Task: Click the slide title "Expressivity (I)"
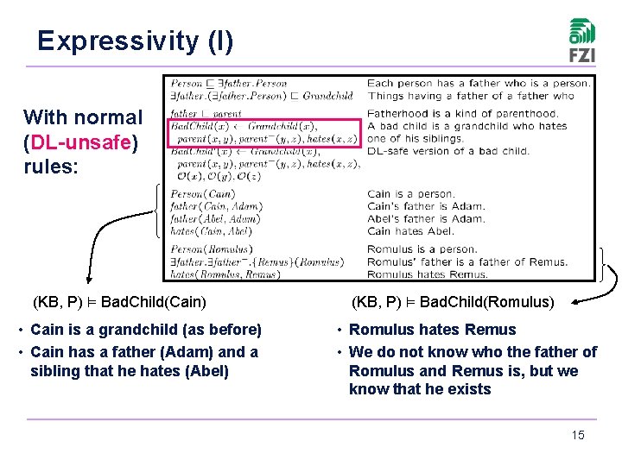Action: pos(135,41)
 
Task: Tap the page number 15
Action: pos(578,435)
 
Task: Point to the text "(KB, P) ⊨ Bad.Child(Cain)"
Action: pos(119,302)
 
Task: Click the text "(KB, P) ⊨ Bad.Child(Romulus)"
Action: pos(453,302)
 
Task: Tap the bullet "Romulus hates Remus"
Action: pos(432,330)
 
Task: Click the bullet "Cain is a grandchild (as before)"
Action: pos(145,330)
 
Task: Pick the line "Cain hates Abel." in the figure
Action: pos(410,230)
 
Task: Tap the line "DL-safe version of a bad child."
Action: pos(448,151)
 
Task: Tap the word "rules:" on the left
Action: pos(51,166)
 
